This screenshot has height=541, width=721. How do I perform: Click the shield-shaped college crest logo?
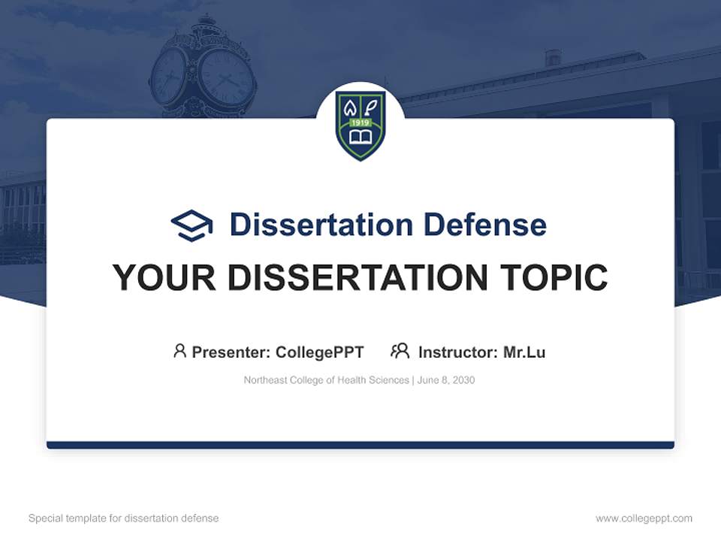[x=360, y=124]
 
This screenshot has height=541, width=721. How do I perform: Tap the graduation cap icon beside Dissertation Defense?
[x=192, y=225]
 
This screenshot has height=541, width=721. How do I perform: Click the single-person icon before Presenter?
[x=179, y=351]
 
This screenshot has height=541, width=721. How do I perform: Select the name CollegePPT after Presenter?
[x=320, y=352]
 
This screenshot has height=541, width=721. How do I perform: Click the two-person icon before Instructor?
[x=400, y=351]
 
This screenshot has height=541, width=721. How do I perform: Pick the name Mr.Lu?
[x=524, y=352]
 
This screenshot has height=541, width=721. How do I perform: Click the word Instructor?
[x=457, y=352]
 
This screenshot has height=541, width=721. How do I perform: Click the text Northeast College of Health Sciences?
[x=326, y=380]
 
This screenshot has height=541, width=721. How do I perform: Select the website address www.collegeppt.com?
[x=644, y=518]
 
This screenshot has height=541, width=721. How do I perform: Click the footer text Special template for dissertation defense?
[x=124, y=518]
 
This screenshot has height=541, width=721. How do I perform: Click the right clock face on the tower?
[x=225, y=77]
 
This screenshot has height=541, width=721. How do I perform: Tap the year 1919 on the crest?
[x=360, y=122]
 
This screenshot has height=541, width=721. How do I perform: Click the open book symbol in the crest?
[x=360, y=138]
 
